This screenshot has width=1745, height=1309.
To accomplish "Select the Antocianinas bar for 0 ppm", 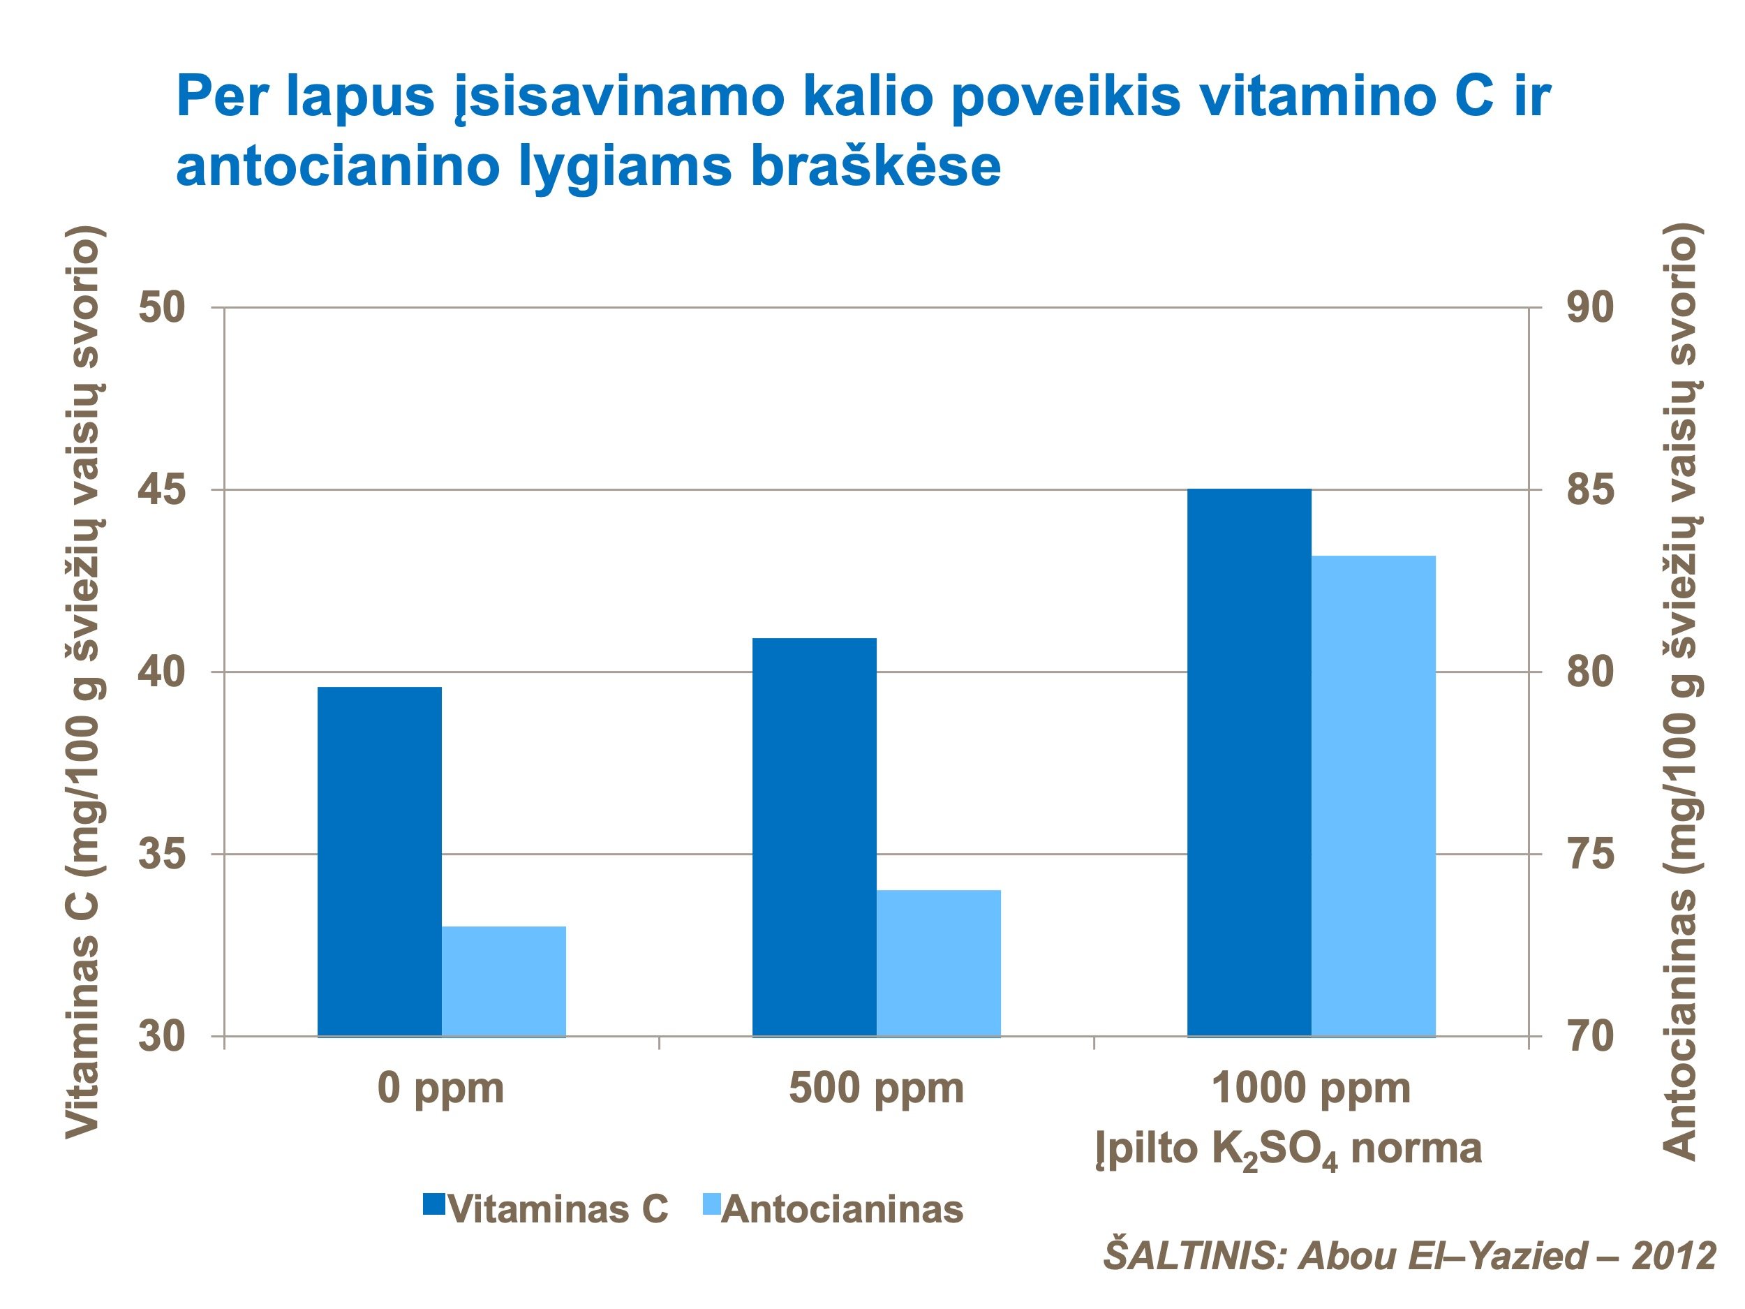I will click(x=503, y=981).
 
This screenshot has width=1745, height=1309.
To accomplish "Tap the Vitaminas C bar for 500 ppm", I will click(x=814, y=836).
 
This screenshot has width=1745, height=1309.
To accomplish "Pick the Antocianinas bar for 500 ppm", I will click(x=938, y=963).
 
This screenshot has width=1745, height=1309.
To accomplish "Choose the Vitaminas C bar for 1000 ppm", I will click(x=1249, y=762).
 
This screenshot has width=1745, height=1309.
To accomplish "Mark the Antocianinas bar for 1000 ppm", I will click(x=1373, y=795).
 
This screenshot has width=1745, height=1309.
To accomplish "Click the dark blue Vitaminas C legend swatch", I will click(x=435, y=1204).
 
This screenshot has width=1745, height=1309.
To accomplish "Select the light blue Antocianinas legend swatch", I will click(x=710, y=1204).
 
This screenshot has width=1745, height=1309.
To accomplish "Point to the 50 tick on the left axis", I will click(x=162, y=308).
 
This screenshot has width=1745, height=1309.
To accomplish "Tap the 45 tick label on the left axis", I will click(x=162, y=490).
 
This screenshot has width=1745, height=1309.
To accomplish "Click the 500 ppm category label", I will click(x=876, y=1088).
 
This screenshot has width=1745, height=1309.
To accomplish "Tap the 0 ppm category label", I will click(x=440, y=1088).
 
